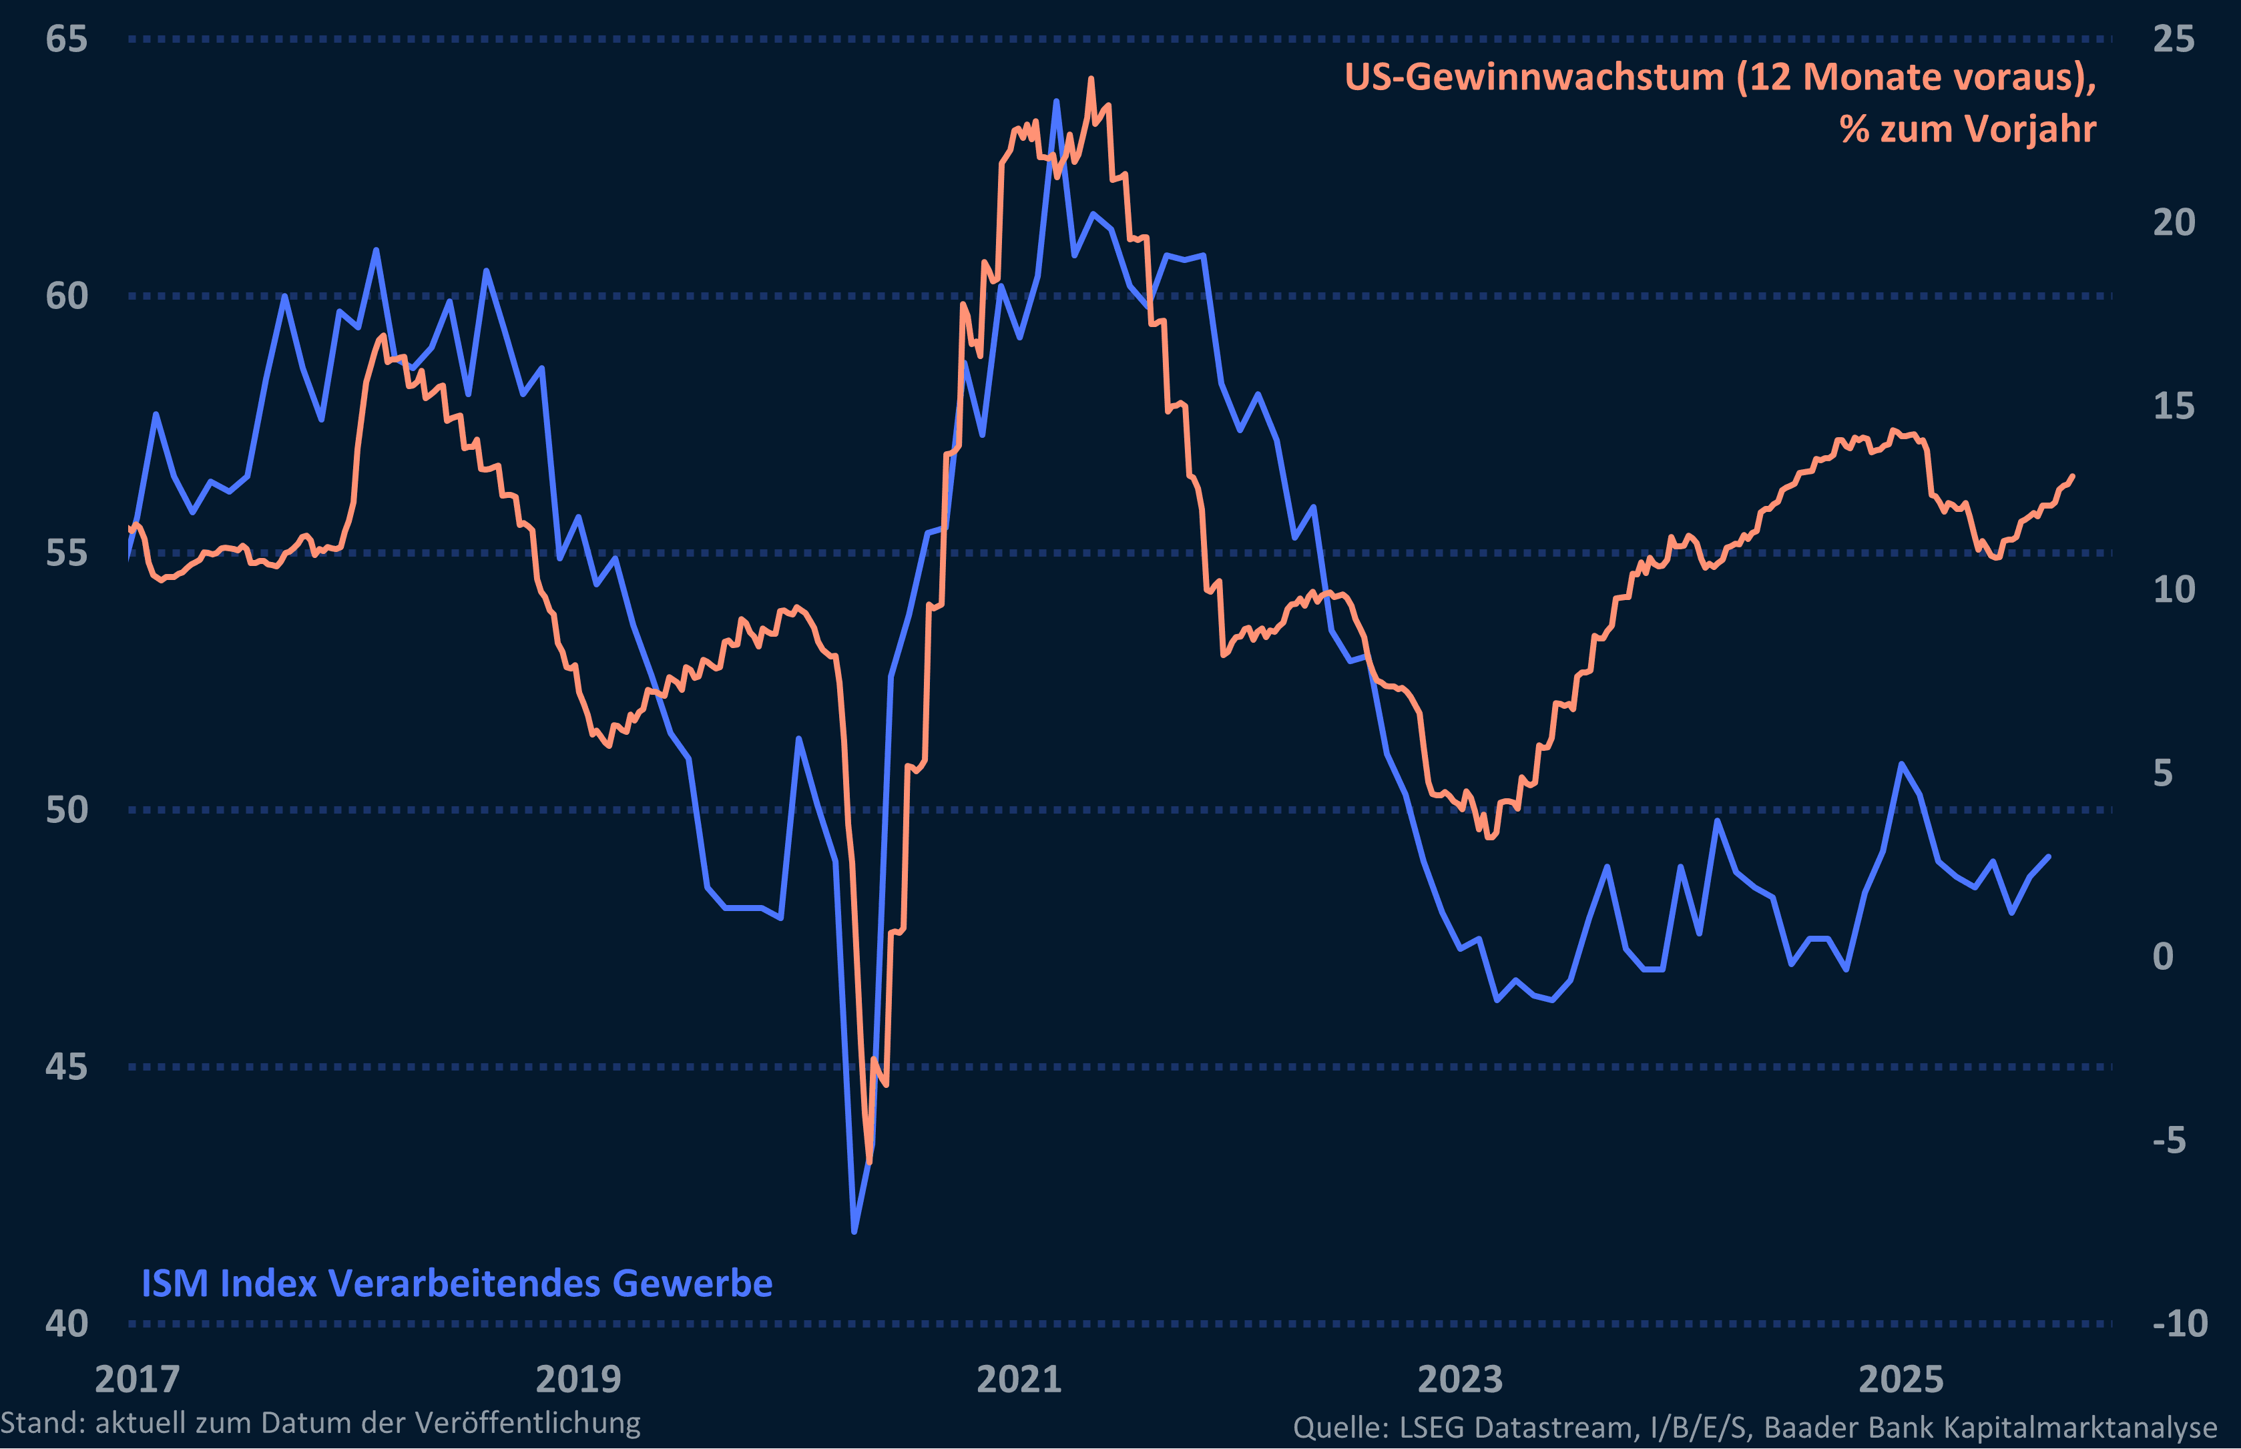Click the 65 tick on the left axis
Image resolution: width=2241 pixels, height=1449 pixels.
(x=66, y=39)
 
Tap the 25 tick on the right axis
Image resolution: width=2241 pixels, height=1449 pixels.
(x=2174, y=39)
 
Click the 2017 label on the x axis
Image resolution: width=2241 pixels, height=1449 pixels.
(x=138, y=1380)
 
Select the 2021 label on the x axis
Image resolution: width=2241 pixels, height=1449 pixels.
(x=1019, y=1380)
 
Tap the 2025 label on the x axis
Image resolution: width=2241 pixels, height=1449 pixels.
(x=1901, y=1380)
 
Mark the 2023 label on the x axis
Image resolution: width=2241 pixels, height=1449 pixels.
(x=1460, y=1380)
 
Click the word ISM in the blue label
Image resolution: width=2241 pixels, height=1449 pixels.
(x=174, y=1283)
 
